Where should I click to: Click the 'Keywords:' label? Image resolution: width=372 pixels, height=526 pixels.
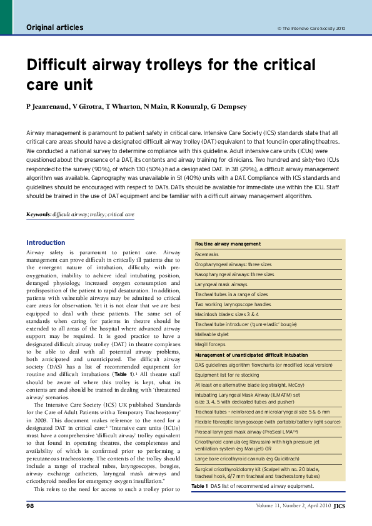tap(39, 214)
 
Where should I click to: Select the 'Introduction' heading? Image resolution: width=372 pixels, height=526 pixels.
tap(46, 242)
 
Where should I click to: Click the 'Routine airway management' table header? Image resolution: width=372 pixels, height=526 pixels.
tap(228, 244)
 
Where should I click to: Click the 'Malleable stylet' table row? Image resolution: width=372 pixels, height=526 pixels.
tap(213, 334)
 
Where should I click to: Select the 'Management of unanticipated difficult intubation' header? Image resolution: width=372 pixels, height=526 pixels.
tap(251, 354)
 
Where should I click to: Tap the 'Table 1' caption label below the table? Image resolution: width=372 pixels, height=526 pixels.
tap(199, 485)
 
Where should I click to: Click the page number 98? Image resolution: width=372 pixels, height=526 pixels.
tap(29, 505)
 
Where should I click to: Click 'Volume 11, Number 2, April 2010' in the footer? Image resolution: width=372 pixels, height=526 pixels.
tap(293, 505)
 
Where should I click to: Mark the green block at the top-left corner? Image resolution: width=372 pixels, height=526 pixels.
tap(6, 17)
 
